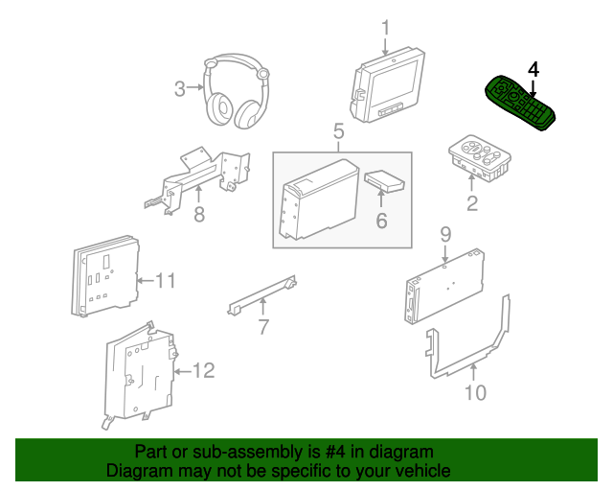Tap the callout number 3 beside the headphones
(180, 90)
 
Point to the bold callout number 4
(534, 69)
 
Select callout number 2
(471, 203)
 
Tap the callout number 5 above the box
(338, 131)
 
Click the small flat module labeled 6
(384, 180)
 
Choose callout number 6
(380, 222)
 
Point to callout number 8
(199, 216)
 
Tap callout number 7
(262, 329)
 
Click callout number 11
(166, 281)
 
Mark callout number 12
(205, 370)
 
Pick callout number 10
(475, 392)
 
